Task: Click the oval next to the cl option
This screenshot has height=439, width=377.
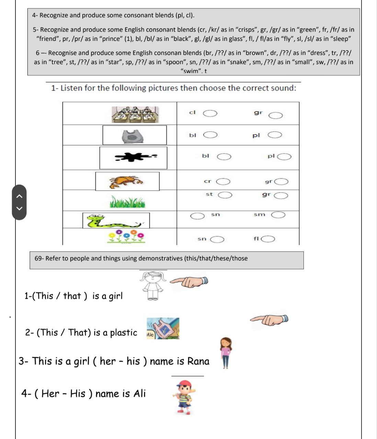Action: [210, 114]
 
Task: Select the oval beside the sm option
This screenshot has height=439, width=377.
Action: [278, 215]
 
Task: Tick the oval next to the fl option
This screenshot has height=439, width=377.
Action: [268, 239]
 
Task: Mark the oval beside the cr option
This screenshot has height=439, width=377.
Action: [223, 181]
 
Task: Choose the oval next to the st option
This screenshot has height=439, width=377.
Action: [225, 195]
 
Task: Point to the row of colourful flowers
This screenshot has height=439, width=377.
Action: [126, 237]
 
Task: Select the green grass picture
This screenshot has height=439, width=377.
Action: [127, 202]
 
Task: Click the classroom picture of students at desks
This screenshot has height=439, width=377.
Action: [135, 115]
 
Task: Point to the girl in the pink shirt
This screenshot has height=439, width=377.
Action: [226, 352]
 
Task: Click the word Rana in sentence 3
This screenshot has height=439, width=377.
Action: [198, 361]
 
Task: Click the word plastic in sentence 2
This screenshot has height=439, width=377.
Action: [124, 333]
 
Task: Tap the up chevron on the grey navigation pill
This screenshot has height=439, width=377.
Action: [20, 196]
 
